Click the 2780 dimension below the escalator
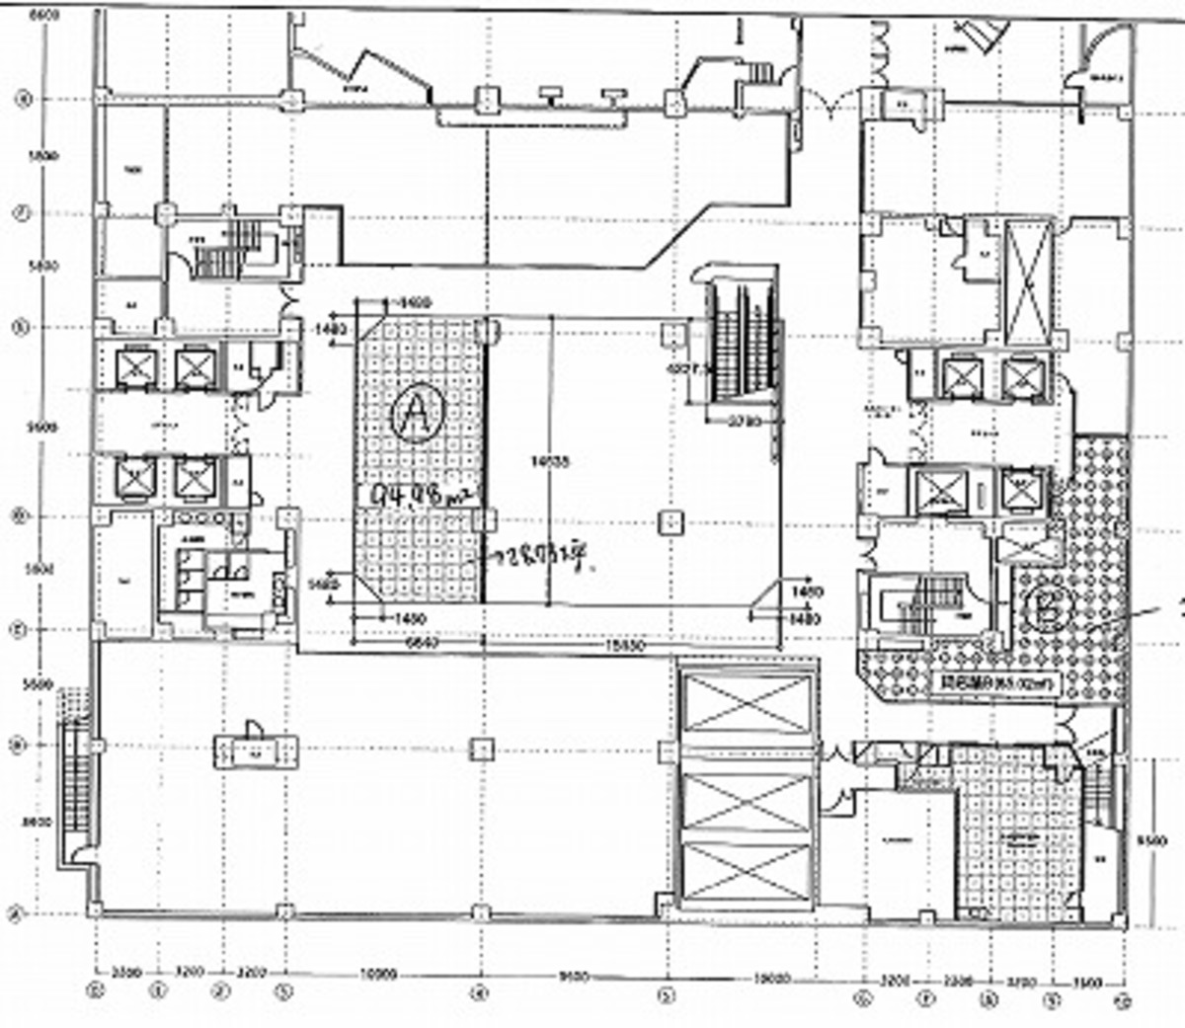coord(744,422)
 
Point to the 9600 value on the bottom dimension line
coord(573,976)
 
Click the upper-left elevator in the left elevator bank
coord(134,367)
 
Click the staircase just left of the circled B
coord(924,602)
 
